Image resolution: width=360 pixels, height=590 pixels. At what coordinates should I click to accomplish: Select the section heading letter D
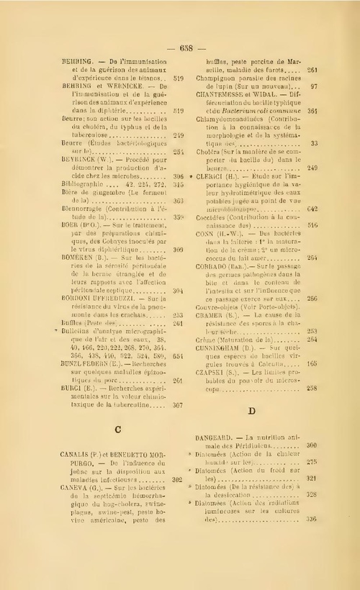[252, 411]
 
